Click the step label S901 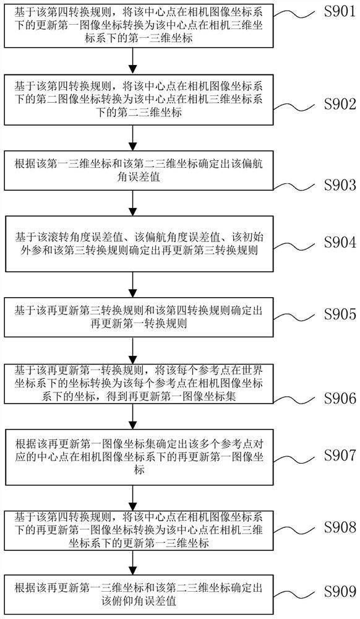[x=340, y=11]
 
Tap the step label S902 [x=340, y=105]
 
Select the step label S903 [x=340, y=184]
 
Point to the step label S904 [x=340, y=243]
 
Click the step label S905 [x=340, y=314]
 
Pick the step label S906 [x=340, y=398]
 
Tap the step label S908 [x=340, y=527]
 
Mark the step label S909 [x=340, y=591]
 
